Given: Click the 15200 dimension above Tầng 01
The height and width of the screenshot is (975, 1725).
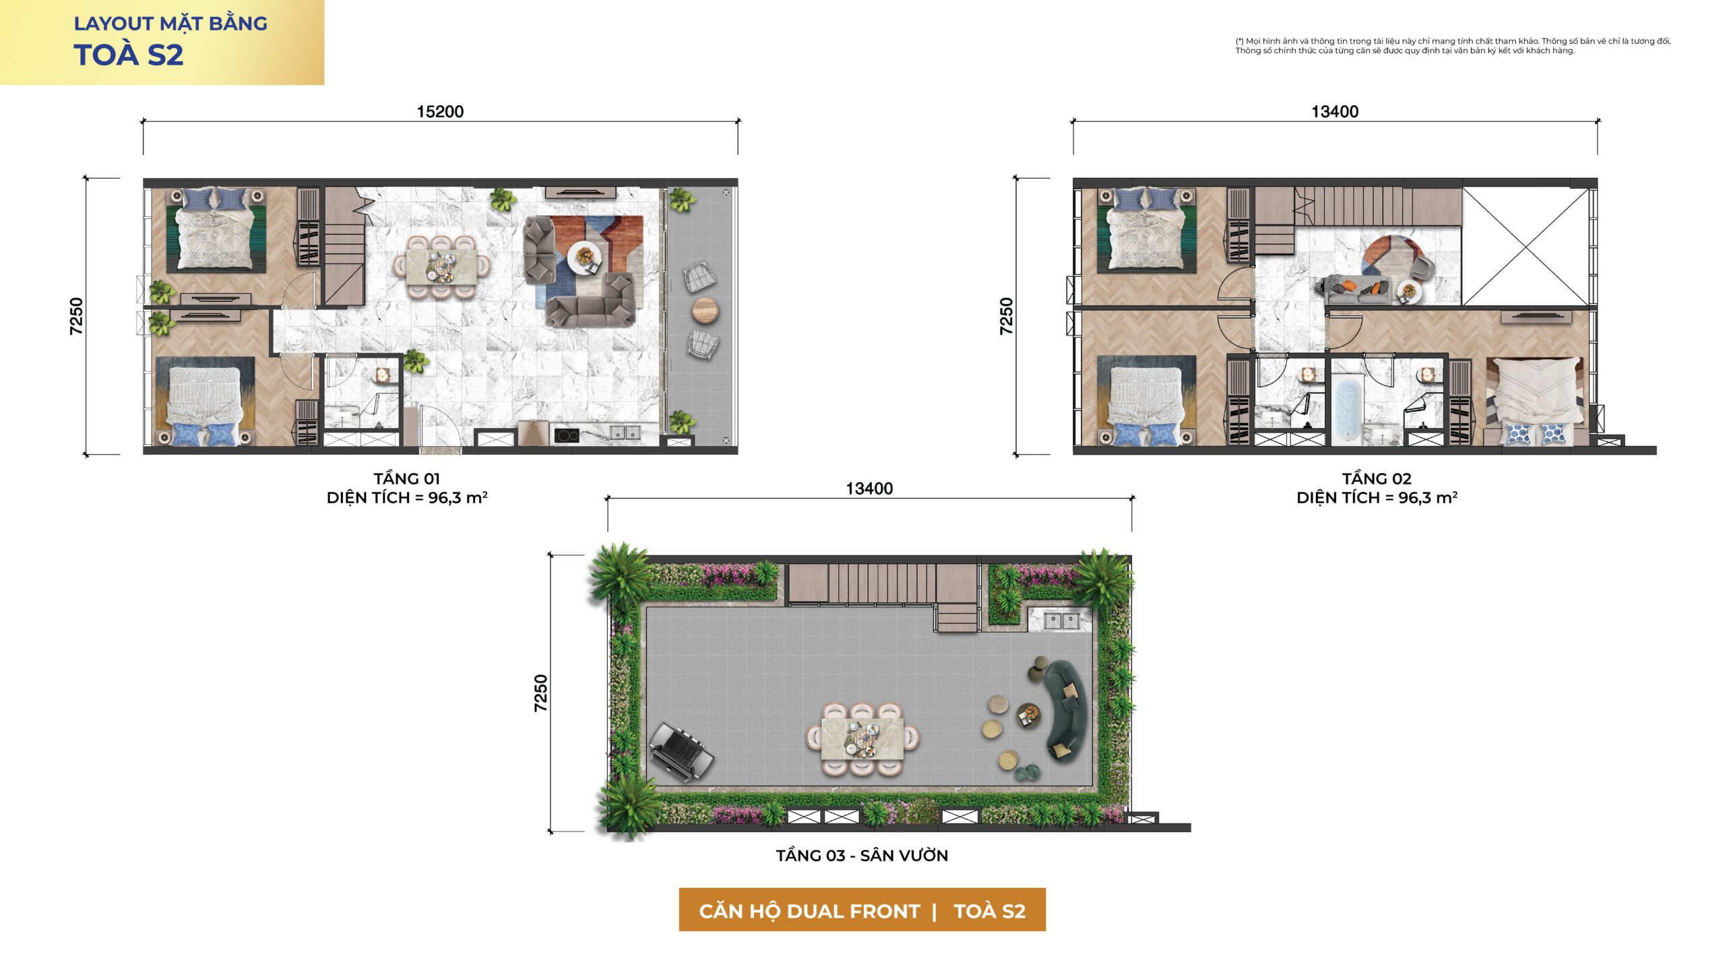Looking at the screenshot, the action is (440, 111).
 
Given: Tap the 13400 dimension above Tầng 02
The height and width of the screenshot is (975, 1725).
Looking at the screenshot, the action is (1335, 111).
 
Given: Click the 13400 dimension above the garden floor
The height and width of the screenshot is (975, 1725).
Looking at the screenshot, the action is (869, 489).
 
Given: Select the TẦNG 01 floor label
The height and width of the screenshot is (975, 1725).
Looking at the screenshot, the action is (407, 478).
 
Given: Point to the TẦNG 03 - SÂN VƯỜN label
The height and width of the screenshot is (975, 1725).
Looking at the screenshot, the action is (862, 855).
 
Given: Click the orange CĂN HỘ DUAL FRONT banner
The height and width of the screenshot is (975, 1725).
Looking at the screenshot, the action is (862, 910).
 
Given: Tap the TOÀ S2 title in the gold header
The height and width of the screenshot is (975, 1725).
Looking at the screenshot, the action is (128, 55).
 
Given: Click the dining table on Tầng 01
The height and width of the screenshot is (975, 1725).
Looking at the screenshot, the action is (442, 267).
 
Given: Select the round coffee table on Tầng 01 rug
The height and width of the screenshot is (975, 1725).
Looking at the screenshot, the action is (584, 257).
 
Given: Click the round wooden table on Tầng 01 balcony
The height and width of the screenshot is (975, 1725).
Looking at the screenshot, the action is (705, 310).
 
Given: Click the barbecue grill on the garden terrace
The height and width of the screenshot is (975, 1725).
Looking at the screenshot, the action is (681, 752).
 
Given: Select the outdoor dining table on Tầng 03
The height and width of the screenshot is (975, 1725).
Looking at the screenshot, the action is (862, 738).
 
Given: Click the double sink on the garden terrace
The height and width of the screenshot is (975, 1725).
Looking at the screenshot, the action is (1061, 619).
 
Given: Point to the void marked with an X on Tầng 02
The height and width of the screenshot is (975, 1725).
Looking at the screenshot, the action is (1526, 247).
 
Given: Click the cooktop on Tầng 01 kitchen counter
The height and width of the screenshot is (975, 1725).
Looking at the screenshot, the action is (567, 435).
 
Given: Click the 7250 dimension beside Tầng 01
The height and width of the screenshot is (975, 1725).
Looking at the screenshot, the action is (76, 316).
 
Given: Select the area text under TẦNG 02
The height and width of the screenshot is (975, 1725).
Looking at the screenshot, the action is (1377, 498).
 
